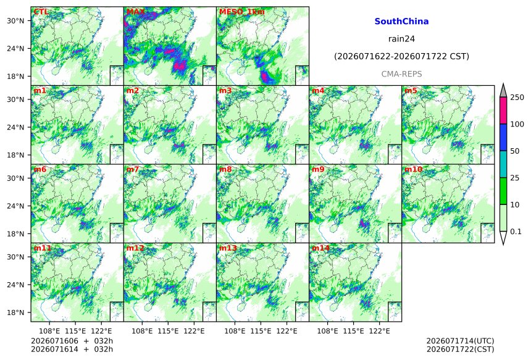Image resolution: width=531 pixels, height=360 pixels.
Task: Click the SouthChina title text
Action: (x=401, y=22)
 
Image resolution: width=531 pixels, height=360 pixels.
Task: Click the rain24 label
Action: (x=401, y=39)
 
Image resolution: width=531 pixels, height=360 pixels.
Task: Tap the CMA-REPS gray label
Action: (x=401, y=74)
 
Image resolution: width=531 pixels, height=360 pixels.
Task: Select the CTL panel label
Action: (x=41, y=12)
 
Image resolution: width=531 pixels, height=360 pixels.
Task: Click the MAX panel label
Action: (x=136, y=12)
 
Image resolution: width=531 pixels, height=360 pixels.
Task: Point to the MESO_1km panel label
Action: (x=242, y=12)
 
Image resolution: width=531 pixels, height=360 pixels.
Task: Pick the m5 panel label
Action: (x=411, y=91)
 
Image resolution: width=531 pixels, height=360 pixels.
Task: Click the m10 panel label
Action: (x=413, y=169)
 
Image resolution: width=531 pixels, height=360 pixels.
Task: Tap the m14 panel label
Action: (x=320, y=248)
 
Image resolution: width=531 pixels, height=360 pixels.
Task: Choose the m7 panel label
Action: (x=133, y=169)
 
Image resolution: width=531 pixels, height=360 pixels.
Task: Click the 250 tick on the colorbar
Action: (x=517, y=98)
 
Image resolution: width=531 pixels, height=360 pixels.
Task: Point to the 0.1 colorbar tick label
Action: (x=516, y=232)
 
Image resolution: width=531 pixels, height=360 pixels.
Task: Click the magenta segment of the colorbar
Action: (x=503, y=111)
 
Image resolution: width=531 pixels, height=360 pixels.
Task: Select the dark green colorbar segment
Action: (x=503, y=191)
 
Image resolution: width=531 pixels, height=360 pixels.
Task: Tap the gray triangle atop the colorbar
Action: (x=503, y=91)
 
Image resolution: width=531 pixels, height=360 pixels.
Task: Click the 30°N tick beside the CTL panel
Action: (x=15, y=20)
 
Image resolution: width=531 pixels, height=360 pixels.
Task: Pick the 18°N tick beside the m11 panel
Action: (x=15, y=312)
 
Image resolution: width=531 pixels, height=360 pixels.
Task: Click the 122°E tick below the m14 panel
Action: (x=379, y=331)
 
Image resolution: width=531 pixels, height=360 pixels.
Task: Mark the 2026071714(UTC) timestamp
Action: (x=460, y=341)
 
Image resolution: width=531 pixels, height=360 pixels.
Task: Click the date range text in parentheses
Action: (x=401, y=56)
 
